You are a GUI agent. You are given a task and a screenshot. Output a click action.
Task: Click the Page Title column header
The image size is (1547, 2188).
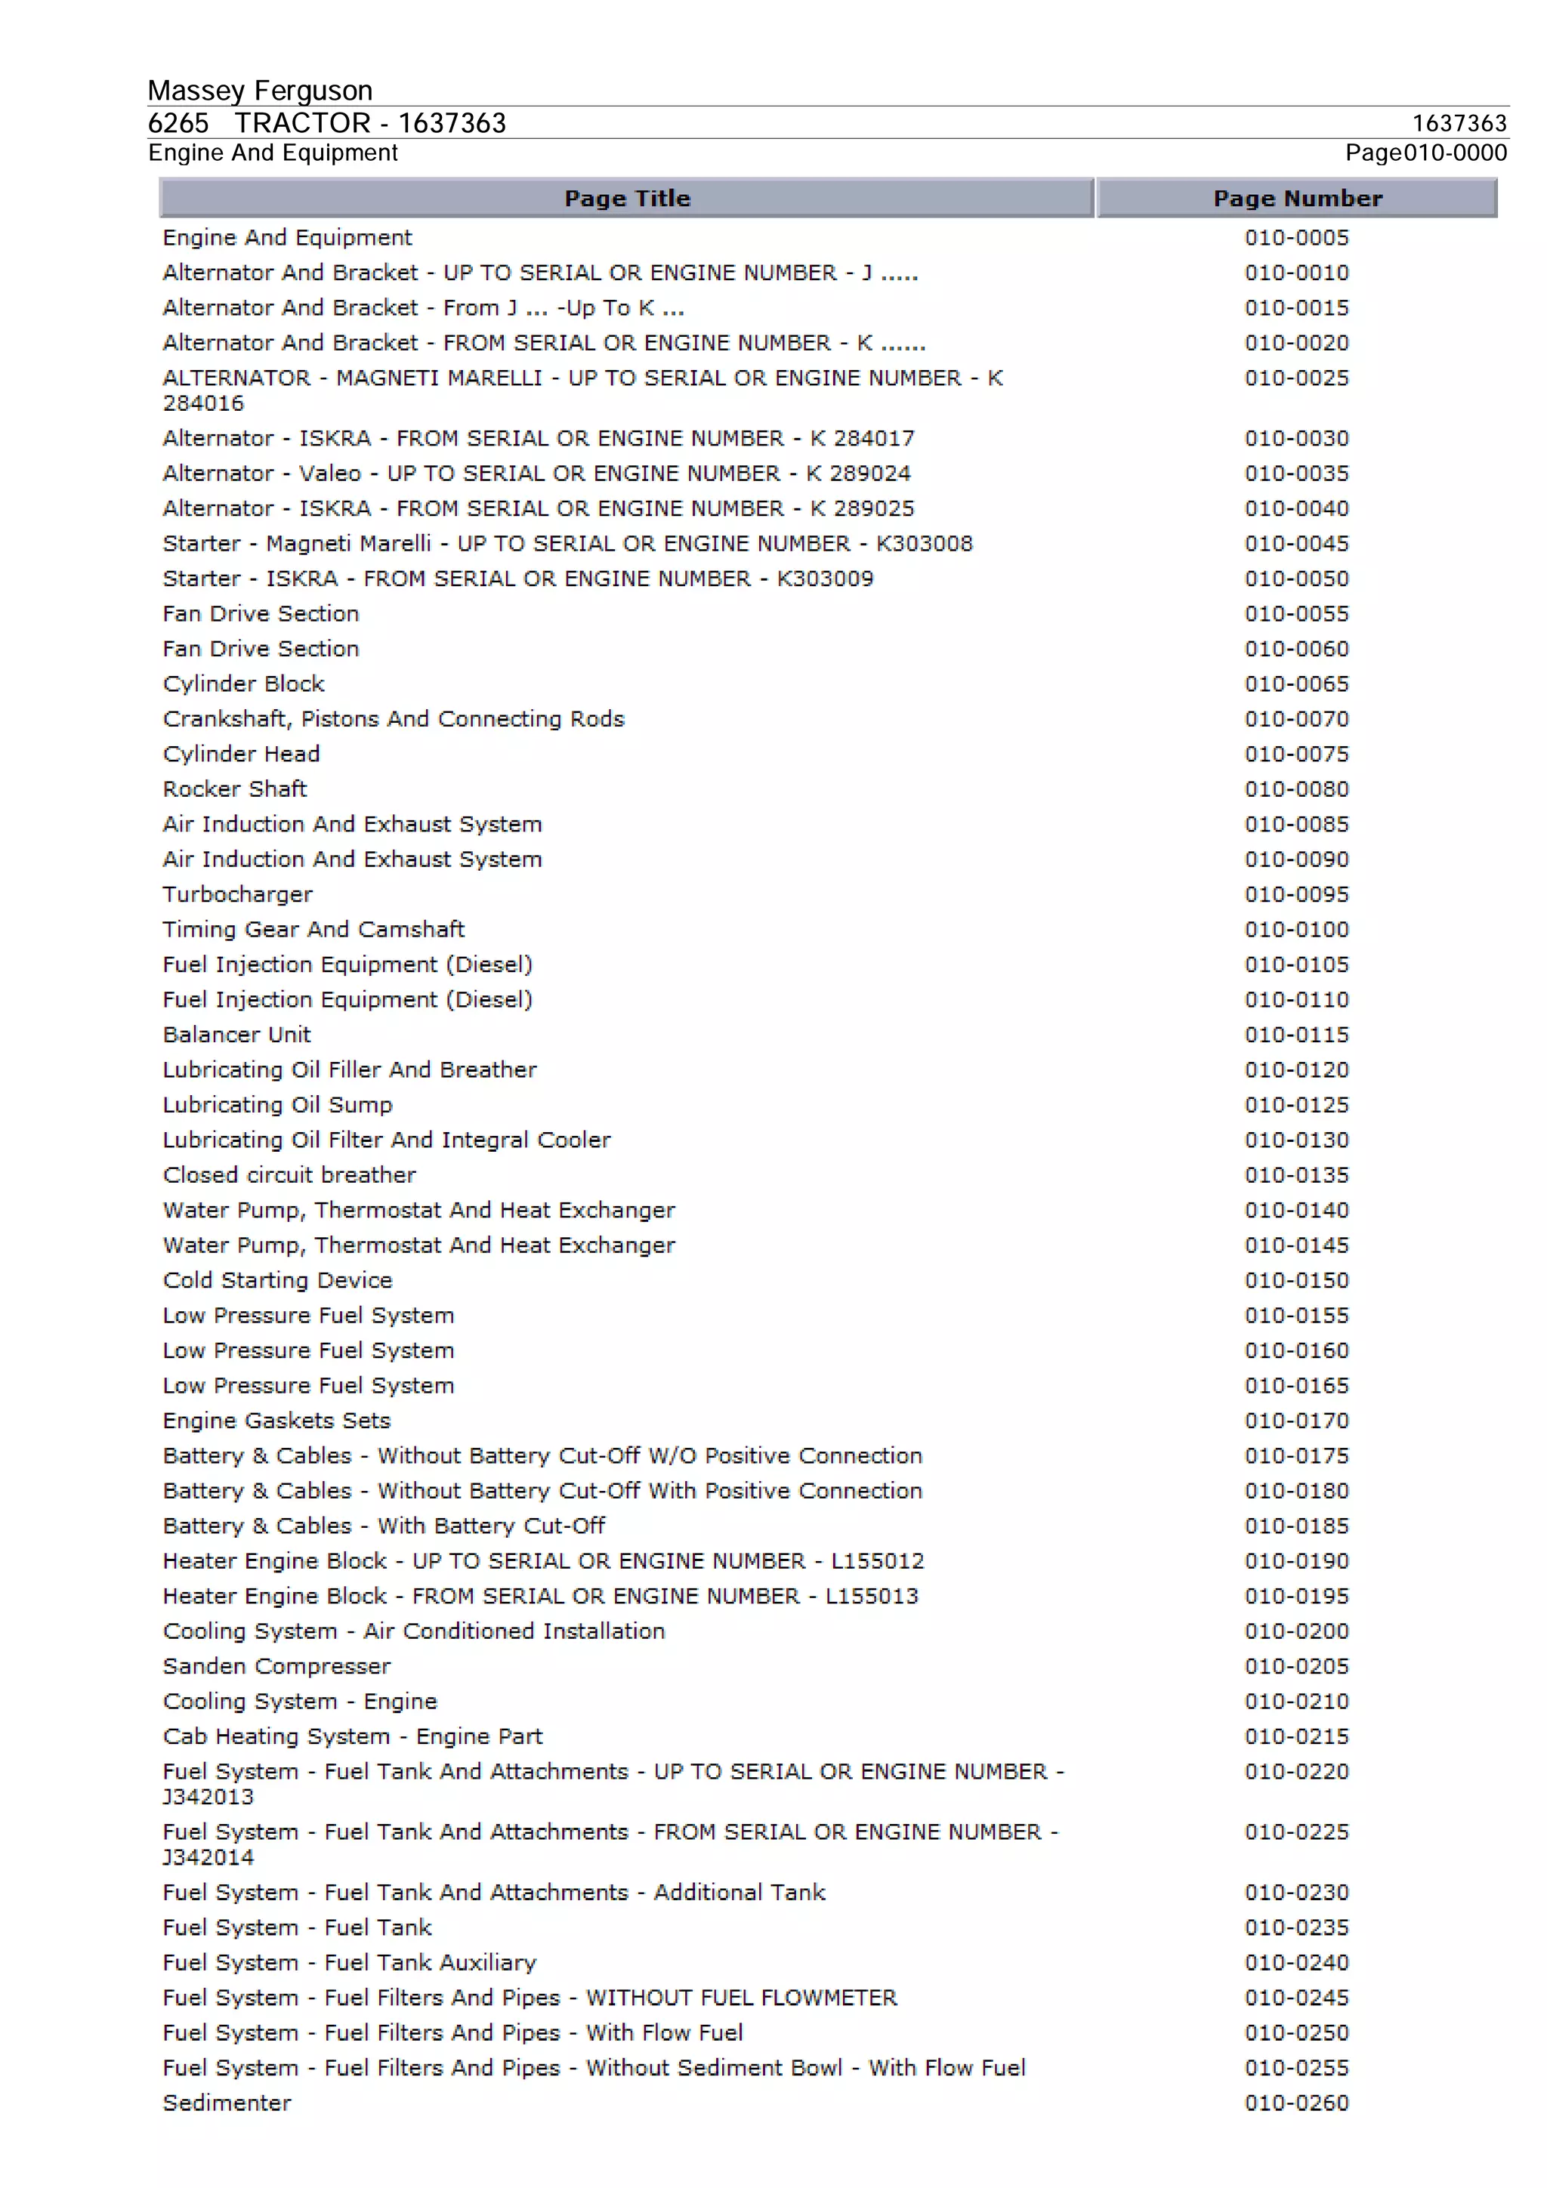626,198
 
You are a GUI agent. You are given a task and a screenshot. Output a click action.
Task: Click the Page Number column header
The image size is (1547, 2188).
1296,198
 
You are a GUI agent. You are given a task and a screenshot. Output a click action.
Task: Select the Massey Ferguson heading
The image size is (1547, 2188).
259,91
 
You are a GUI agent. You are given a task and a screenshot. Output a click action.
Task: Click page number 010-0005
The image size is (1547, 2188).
1296,237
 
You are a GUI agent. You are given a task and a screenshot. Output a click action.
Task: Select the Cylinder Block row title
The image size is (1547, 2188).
243,684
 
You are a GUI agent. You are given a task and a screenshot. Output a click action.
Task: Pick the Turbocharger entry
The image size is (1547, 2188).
237,895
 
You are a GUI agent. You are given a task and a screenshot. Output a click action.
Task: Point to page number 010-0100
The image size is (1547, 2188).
1296,929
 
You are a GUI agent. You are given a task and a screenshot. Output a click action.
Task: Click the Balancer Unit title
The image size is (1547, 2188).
236,1035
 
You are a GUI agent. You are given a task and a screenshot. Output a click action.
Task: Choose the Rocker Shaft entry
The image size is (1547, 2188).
234,789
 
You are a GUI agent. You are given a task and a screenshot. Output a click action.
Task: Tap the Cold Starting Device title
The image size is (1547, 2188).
277,1281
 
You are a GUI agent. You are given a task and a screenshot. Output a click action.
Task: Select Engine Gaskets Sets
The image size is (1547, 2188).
276,1421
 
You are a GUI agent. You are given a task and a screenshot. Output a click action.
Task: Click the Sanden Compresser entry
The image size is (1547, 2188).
276,1667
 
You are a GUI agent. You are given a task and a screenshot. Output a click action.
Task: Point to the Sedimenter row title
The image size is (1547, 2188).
227,2103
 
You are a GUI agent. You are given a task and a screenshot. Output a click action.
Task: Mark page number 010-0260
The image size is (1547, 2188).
1296,2103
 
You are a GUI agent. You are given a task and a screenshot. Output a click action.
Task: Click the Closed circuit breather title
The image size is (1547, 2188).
289,1175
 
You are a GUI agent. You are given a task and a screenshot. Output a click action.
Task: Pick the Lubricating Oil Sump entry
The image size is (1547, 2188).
277,1106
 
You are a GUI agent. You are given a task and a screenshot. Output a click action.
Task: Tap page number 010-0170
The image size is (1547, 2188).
1296,1421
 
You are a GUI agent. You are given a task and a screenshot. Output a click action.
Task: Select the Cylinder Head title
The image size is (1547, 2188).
241,754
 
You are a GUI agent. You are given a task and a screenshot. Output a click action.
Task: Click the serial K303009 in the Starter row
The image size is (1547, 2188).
825,579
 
